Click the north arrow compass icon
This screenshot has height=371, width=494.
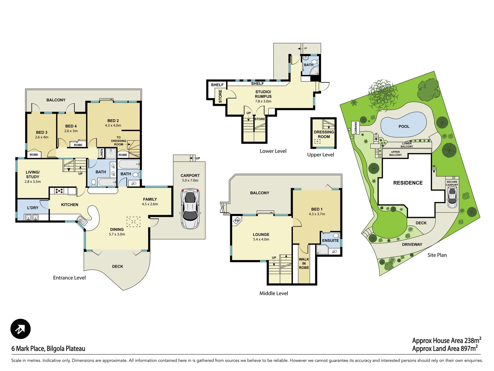[x=21, y=329]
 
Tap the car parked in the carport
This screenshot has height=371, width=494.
[x=190, y=209]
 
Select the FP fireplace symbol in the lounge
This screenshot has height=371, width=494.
[x=237, y=221]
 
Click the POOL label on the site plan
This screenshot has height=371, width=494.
[x=404, y=126]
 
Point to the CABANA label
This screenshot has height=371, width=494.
[x=356, y=128]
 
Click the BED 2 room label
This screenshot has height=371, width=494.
[x=113, y=121]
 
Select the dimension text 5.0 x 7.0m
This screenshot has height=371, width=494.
[x=190, y=180]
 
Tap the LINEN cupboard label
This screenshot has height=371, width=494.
[x=102, y=153]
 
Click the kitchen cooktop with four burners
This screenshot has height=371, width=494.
[x=59, y=190]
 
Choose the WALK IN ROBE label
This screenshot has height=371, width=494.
[x=304, y=263]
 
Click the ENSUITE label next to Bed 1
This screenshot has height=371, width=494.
[x=330, y=240]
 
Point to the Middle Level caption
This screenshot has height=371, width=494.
[x=273, y=293]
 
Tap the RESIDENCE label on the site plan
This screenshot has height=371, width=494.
[x=408, y=183]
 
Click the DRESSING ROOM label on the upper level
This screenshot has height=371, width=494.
[x=324, y=134]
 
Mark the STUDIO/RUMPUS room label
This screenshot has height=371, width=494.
[x=263, y=94]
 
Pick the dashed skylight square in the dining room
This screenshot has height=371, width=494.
[x=133, y=222]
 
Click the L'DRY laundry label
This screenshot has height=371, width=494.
[x=33, y=208]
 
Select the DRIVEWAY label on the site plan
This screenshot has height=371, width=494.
[x=412, y=245]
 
